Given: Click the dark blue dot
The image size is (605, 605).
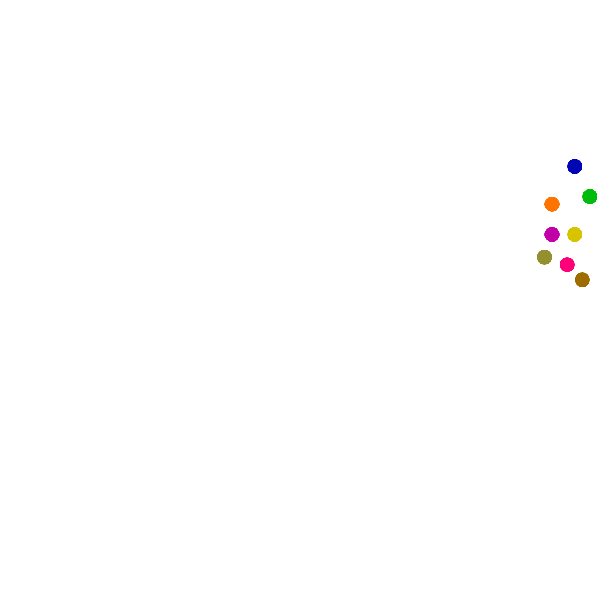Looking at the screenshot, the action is (x=574, y=166).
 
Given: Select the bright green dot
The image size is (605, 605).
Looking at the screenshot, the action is (x=589, y=197).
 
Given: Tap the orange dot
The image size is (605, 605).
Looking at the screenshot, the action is (x=552, y=204).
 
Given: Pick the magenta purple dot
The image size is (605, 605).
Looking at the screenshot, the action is (x=552, y=234).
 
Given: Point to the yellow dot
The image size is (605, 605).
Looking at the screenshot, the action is (x=574, y=234).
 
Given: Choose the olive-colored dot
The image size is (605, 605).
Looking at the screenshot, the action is (x=544, y=257).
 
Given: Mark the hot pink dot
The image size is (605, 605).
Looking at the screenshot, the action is (x=567, y=265).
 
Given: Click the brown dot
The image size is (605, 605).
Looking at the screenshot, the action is (x=582, y=280).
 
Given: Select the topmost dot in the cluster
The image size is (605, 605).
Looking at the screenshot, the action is (x=574, y=166).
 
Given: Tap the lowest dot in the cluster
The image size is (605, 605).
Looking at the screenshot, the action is (x=582, y=280).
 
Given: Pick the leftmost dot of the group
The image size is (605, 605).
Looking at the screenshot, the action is (x=544, y=257).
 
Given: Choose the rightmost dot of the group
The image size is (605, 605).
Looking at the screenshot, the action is (x=589, y=197).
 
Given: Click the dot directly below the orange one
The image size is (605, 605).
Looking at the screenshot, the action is (x=552, y=234).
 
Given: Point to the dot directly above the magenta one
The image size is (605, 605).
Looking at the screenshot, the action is (x=552, y=204).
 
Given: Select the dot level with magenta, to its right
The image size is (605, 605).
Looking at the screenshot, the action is (x=574, y=234).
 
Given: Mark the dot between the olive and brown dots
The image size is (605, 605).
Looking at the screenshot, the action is (x=567, y=265).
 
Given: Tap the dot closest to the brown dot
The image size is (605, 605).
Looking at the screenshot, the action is (x=567, y=265).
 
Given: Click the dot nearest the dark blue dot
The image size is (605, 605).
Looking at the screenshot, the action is (x=589, y=197).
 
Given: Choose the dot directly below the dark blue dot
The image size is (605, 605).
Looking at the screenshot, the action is (x=574, y=234).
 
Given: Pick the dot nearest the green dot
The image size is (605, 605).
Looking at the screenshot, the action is (x=574, y=166).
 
